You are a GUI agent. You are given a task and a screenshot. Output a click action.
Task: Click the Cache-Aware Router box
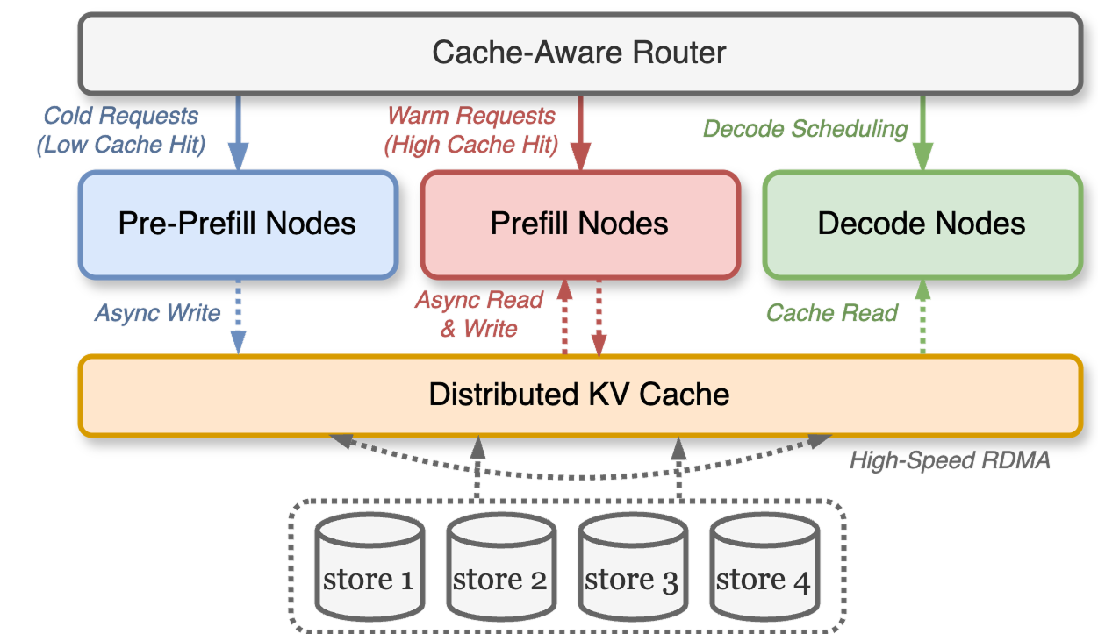579,53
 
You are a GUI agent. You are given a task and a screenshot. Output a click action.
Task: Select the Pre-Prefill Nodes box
237,224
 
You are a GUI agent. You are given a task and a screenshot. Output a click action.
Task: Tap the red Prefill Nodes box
579,224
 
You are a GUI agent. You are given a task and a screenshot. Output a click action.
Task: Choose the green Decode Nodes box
922,224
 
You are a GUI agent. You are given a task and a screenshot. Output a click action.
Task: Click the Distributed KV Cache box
579,395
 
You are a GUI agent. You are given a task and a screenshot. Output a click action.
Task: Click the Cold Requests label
121,130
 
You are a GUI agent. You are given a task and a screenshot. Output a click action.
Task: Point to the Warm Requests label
471,130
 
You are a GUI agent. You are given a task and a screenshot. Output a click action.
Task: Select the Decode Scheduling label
806,129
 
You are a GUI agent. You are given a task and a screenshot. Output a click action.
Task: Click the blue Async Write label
158,313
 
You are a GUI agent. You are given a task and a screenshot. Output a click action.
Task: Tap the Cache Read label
832,313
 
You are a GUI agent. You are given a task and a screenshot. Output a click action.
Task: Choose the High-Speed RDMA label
950,459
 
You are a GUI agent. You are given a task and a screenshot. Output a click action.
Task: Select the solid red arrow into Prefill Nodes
580,132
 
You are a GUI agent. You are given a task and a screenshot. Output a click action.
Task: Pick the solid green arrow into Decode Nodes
922,132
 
